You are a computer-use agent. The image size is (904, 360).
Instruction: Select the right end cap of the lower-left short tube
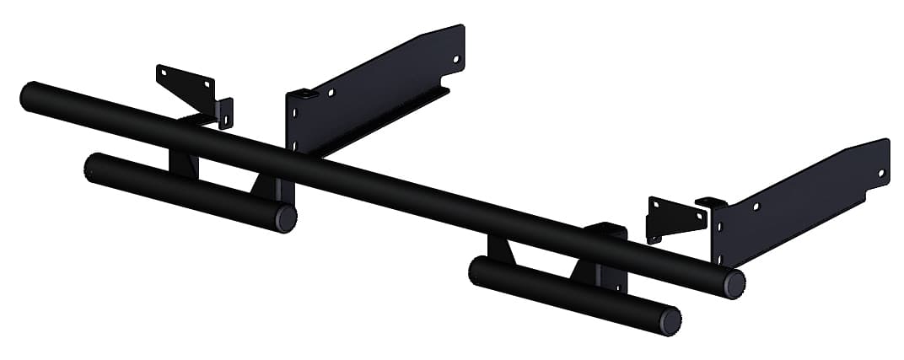pyautogui.click(x=285, y=218)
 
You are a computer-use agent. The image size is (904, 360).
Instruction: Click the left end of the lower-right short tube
pyautogui.click(x=477, y=268)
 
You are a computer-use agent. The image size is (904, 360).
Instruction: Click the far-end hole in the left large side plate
pyautogui.click(x=456, y=60)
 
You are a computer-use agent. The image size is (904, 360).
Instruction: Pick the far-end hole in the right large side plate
pyautogui.click(x=881, y=173)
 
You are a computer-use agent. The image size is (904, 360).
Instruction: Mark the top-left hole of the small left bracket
pyautogui.click(x=165, y=74)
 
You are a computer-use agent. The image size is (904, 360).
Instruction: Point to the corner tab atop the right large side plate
pyautogui.click(x=710, y=202)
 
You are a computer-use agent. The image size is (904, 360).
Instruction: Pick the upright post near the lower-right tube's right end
pyautogui.click(x=610, y=261)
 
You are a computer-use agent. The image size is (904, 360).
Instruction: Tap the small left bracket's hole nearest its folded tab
pyautogui.click(x=206, y=85)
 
